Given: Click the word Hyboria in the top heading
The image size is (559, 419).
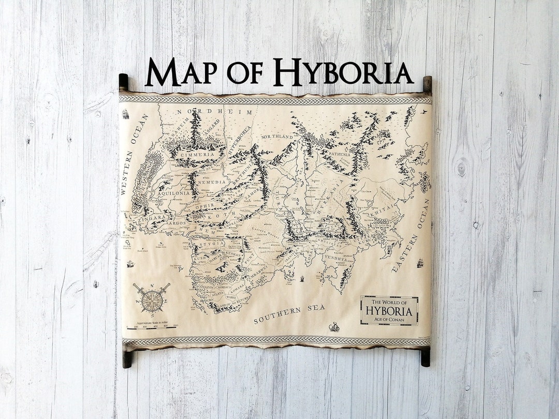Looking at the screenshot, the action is pyautogui.click(x=343, y=72).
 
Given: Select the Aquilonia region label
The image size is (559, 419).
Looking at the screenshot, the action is pyautogui.click(x=174, y=193).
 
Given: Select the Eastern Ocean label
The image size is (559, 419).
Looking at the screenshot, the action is pyautogui.click(x=411, y=235).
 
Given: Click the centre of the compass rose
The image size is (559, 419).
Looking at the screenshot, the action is pyautogui.click(x=151, y=301).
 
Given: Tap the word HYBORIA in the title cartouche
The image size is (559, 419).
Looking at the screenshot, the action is pyautogui.click(x=389, y=311).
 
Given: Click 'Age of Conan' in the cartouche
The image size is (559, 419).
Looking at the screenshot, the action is pyautogui.click(x=389, y=319).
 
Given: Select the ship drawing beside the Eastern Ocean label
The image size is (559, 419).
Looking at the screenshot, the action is pyautogui.click(x=420, y=263).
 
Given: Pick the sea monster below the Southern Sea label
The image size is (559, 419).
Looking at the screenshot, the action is pyautogui.click(x=334, y=327).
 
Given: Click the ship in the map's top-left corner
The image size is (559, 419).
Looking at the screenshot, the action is pyautogui.click(x=125, y=114).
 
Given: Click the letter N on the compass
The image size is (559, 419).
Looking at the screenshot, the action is pyautogui.click(x=151, y=285).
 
